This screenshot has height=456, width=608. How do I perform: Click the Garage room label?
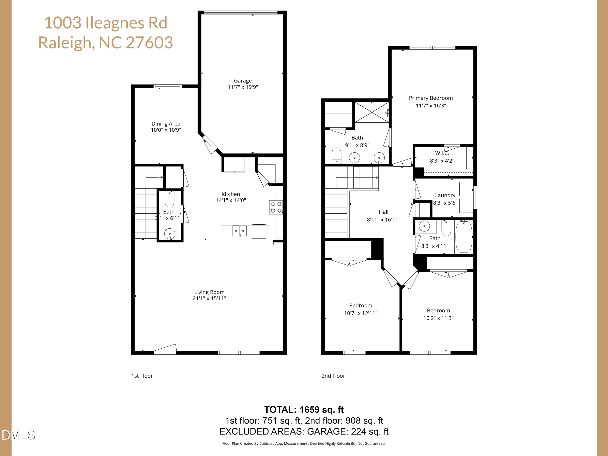pyautogui.click(x=243, y=80)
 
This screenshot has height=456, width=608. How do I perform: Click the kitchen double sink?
pyautogui.click(x=239, y=231)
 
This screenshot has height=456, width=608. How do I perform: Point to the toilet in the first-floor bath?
pyautogui.click(x=169, y=200)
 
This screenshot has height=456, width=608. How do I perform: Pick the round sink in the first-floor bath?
pyautogui.click(x=170, y=234)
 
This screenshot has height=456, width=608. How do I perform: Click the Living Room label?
pyautogui.click(x=209, y=292)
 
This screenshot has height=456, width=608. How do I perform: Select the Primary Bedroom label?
pyautogui.click(x=430, y=98)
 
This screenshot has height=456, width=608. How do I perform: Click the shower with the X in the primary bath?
pyautogui.click(x=371, y=112)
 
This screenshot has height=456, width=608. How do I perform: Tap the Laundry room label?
pyautogui.click(x=445, y=195)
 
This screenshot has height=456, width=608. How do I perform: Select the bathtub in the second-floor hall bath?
pyautogui.click(x=464, y=237)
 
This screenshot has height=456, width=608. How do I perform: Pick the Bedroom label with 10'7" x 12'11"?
pyautogui.click(x=360, y=305)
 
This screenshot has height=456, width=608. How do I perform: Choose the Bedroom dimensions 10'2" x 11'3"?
pyautogui.click(x=438, y=318)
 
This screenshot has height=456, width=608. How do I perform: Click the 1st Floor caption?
pyautogui.click(x=142, y=376)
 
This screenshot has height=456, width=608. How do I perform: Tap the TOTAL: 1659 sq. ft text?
pyautogui.click(x=304, y=410)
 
